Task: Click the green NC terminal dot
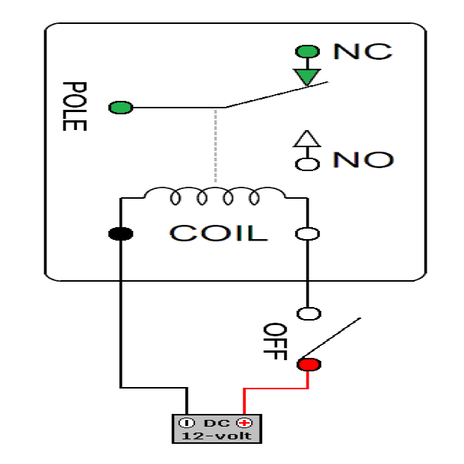tap(306, 52)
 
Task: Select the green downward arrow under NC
tap(306, 76)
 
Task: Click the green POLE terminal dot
tap(120, 108)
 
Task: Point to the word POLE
tap(75, 106)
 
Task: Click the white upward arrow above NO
tap(306, 139)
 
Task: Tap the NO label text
tap(363, 160)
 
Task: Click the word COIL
tap(217, 233)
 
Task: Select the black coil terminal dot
tap(120, 234)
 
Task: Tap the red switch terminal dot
tap(308, 365)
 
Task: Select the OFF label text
tap(275, 342)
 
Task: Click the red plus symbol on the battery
tap(242, 422)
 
